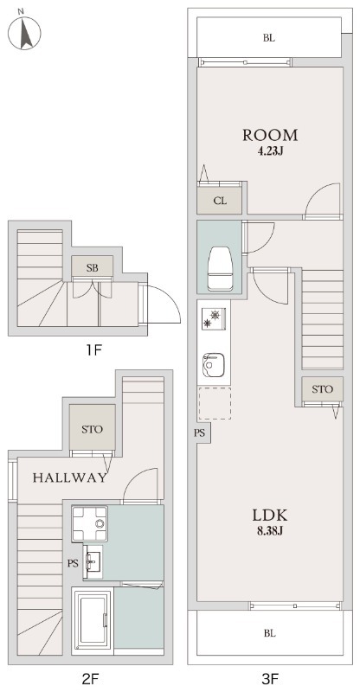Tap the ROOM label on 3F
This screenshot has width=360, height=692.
[x=270, y=135]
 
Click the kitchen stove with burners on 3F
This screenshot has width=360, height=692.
[x=212, y=322]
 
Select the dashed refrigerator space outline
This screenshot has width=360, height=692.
[x=215, y=402]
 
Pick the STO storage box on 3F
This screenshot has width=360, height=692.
[x=323, y=389]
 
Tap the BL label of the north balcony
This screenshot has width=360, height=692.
[x=270, y=38]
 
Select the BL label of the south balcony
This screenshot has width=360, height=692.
[x=270, y=633]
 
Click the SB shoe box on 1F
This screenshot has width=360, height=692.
[x=93, y=268]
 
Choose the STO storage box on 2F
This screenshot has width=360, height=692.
[x=93, y=429]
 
